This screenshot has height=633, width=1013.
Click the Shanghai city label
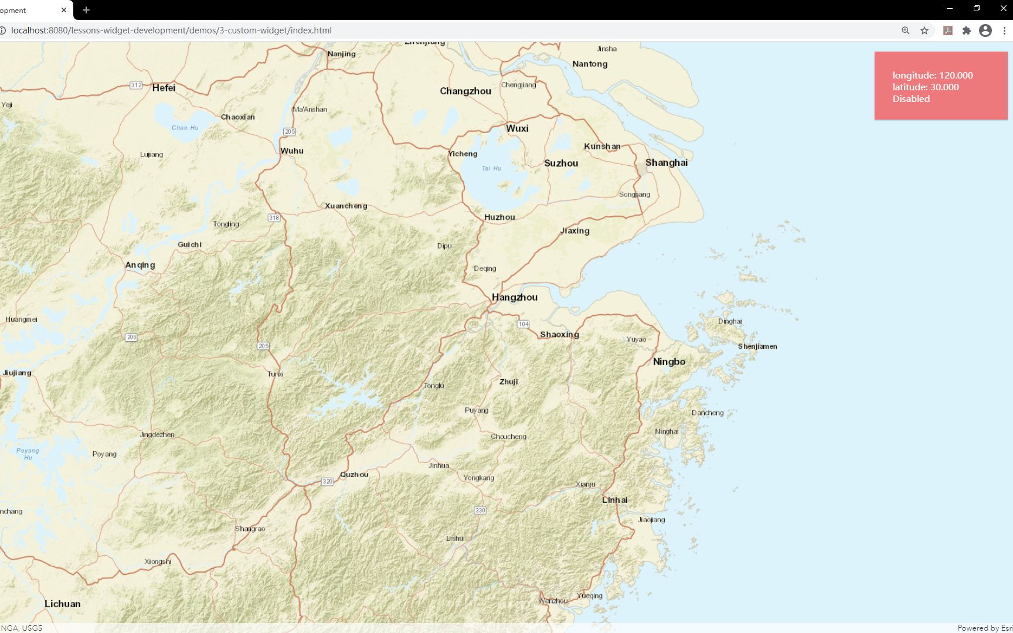666,163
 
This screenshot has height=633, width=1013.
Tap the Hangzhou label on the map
514,297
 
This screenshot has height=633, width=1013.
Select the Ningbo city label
669,362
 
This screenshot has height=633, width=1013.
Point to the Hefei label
164,88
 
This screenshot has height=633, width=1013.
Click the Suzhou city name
561,164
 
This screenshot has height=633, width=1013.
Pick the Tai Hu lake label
491,168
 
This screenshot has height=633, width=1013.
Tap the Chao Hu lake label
185,128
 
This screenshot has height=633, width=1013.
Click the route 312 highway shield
136,85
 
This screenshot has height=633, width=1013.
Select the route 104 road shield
523,324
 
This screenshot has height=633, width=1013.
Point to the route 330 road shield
480,510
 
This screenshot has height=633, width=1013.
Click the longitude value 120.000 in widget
956,76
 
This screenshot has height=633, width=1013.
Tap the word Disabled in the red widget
911,99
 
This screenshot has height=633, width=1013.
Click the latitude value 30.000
944,87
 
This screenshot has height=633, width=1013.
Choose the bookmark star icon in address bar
924,30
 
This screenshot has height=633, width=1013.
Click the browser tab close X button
64,10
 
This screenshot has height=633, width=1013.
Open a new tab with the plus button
86,10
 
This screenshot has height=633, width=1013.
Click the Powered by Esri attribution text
984,628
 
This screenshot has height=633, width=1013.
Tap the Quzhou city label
354,475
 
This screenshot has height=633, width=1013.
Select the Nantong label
590,64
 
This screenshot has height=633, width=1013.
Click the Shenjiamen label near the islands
757,346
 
